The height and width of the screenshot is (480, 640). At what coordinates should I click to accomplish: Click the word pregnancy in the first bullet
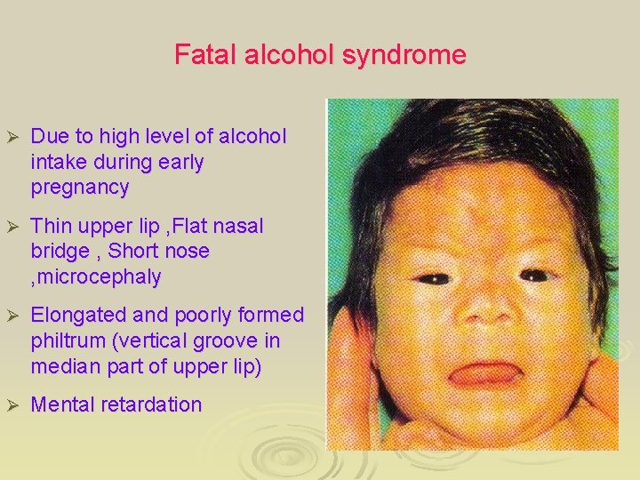79,188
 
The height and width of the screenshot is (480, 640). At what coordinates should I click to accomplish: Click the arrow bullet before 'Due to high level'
12,137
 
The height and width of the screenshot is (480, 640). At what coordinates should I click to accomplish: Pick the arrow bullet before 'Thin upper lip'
12,227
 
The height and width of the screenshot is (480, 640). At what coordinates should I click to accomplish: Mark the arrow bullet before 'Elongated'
12,316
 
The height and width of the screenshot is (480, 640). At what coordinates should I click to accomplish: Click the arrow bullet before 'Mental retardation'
12,405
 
